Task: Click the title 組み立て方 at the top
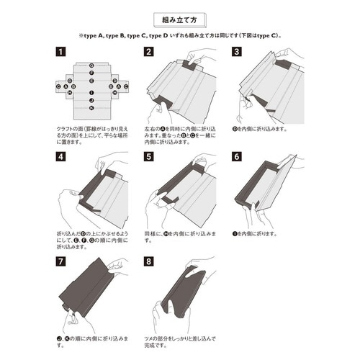[179, 16]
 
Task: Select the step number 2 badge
[148, 53]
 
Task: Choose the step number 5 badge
[148, 156]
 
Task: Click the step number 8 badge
[148, 261]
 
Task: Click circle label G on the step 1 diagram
[91, 64]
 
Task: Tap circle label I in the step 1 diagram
[91, 93]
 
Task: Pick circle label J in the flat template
[91, 101]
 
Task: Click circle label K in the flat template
[91, 108]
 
